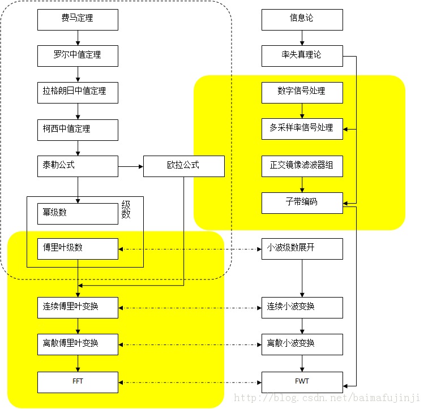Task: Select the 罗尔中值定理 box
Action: pyautogui.click(x=78, y=56)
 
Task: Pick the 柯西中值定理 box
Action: pyautogui.click(x=78, y=130)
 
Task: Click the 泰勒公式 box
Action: pyautogui.click(x=78, y=166)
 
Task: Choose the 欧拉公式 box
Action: pyautogui.click(x=183, y=166)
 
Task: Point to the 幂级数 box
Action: pyautogui.click(x=78, y=213)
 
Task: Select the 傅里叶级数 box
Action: pyautogui.click(x=78, y=248)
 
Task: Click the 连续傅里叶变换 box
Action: pyautogui.click(x=78, y=307)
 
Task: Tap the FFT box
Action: pyautogui.click(x=78, y=382)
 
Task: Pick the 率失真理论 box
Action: pyautogui.click(x=302, y=56)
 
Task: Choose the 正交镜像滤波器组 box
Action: pyautogui.click(x=302, y=166)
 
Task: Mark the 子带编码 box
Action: pyautogui.click(x=302, y=203)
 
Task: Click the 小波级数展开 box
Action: pyautogui.click(x=302, y=248)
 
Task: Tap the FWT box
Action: pyautogui.click(x=302, y=382)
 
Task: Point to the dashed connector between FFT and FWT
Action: pyautogui.click(x=190, y=382)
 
